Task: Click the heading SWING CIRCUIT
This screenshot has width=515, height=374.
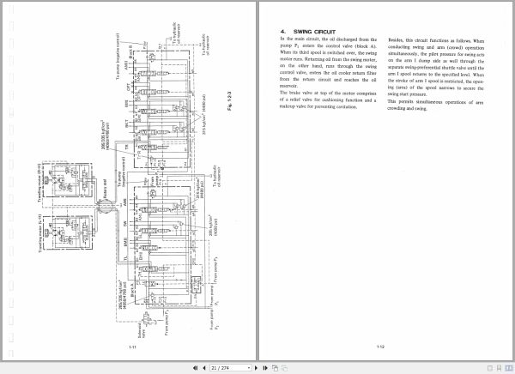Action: [303, 31]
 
